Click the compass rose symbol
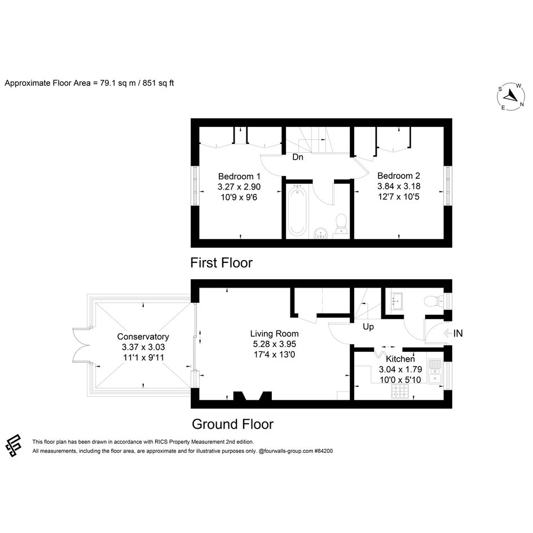coord(510,96)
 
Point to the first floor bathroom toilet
coord(341,224)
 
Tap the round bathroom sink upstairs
coord(320,233)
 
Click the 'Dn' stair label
coord(298,157)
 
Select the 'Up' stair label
coord(368,327)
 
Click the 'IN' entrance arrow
coord(453,333)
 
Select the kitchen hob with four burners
coord(401,391)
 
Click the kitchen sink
coord(435,371)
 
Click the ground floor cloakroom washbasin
coord(396,301)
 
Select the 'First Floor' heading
coord(221,263)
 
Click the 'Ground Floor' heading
coord(232,424)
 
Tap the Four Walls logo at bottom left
coord(14,446)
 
